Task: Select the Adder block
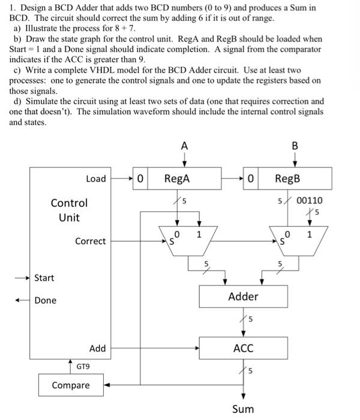point(243,296)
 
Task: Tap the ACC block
point(243,348)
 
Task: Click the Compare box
point(71,385)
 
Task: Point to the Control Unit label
point(69,210)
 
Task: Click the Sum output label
point(243,409)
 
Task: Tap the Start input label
point(44,278)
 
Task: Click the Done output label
point(46,300)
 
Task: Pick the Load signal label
point(95,179)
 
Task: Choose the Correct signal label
point(90,241)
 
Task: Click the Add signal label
point(97,348)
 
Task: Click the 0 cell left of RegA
point(140,178)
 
